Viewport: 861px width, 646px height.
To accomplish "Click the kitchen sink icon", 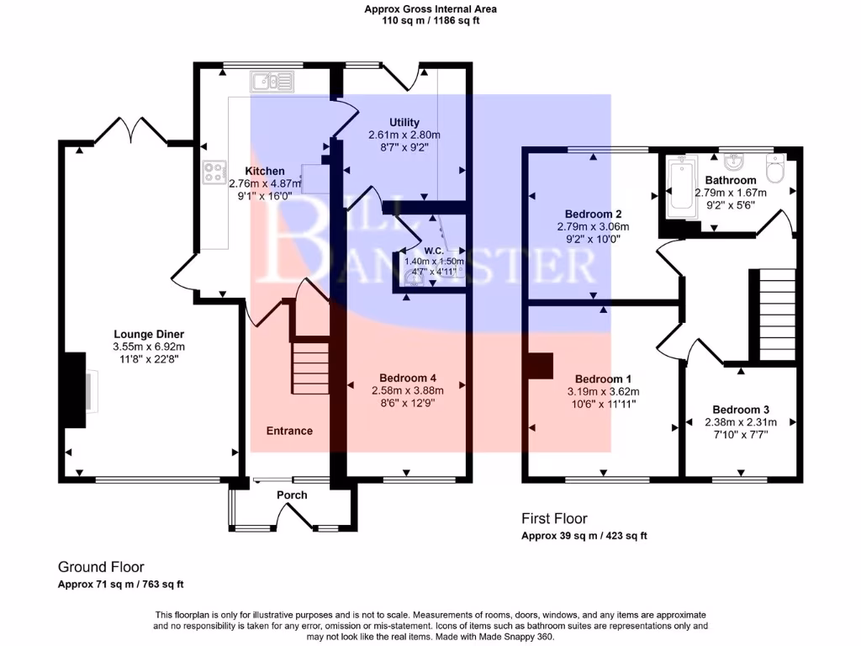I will tap(271, 82).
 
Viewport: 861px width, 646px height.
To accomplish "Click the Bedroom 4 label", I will tap(407, 378).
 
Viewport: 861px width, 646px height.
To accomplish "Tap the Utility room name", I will tap(404, 123).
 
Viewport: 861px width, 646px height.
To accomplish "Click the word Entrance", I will tap(289, 431).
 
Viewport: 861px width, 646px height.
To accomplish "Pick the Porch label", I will tap(292, 495).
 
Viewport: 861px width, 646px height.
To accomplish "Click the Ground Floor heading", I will tap(101, 567).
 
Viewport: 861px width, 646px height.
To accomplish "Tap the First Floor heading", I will tap(554, 518).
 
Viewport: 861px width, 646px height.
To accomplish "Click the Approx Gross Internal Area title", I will tap(430, 9).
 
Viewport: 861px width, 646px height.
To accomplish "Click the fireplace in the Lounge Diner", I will tap(74, 383).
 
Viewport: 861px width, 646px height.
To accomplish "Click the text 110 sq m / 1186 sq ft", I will tap(430, 21).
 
